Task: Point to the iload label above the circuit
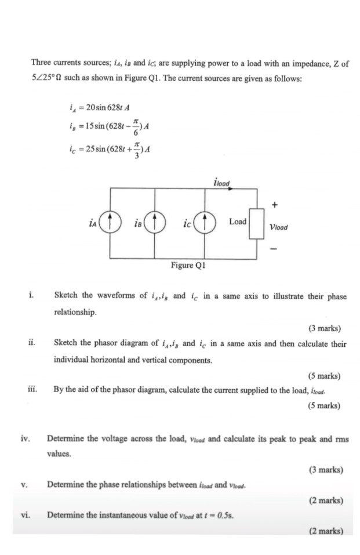221,183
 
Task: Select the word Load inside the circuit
238,222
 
